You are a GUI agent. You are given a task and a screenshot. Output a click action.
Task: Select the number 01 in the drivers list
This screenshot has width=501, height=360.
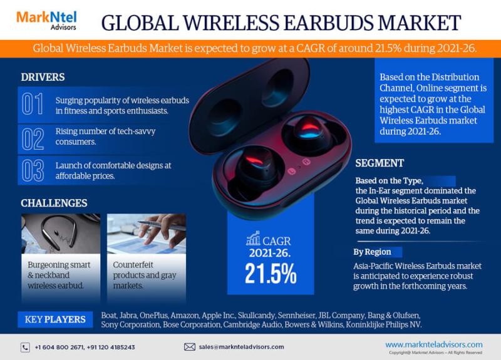click(x=33, y=104)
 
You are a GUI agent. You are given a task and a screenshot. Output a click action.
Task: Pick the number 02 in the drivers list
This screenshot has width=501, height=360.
click(x=33, y=138)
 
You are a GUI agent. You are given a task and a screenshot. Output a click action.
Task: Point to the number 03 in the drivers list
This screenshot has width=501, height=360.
click(x=33, y=171)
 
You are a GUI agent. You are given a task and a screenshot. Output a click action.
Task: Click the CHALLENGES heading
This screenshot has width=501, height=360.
click(x=54, y=203)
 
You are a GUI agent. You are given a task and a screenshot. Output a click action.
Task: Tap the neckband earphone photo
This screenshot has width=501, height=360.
click(x=61, y=233)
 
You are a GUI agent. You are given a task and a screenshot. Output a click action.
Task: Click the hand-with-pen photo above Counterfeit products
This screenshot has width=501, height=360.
click(x=146, y=233)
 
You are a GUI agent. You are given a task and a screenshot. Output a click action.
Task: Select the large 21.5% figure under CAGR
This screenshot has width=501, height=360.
click(x=271, y=274)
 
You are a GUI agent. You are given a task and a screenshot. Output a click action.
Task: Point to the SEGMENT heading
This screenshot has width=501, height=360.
click(x=380, y=163)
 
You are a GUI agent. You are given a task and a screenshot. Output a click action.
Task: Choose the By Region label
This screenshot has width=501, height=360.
click(x=372, y=252)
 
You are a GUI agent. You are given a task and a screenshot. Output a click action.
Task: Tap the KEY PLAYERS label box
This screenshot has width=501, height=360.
click(x=55, y=319)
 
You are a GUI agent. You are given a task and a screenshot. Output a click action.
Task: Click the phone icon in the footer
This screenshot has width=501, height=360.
click(x=25, y=347)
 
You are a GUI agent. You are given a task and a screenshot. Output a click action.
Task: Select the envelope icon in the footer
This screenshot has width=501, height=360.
click(x=190, y=347)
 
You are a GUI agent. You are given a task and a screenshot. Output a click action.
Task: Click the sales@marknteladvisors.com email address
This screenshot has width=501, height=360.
click(x=241, y=347)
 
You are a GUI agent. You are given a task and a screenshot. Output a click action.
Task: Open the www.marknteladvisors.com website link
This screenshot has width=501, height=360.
click(x=433, y=344)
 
